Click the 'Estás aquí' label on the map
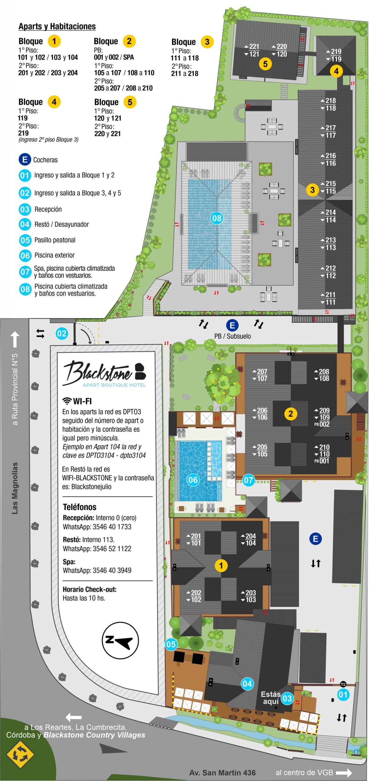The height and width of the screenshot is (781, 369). (x=271, y=698)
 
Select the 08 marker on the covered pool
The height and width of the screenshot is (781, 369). (x=217, y=218)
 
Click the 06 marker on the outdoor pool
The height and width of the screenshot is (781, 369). (x=193, y=480)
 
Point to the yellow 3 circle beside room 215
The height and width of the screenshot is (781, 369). (x=312, y=190)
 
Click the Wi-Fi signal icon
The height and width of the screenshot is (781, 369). (x=67, y=401)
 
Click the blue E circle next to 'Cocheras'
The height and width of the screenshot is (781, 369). (x=25, y=160)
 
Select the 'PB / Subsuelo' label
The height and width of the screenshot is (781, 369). (x=232, y=336)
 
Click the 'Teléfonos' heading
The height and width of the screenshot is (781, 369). (x=80, y=507)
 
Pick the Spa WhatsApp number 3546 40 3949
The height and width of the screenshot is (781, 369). (x=112, y=570)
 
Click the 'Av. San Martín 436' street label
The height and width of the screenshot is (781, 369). (x=222, y=772)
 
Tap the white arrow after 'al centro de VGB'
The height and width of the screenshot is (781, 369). (x=344, y=773)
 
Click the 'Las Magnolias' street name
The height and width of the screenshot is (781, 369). (x=15, y=488)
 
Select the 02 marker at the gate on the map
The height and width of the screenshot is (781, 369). (x=62, y=333)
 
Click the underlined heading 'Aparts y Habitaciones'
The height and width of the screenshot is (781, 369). (x=57, y=27)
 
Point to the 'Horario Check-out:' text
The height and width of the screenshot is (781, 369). (x=89, y=589)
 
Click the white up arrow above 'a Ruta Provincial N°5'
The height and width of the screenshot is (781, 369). (x=15, y=339)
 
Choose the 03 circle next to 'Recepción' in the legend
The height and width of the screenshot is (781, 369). (x=25, y=209)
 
